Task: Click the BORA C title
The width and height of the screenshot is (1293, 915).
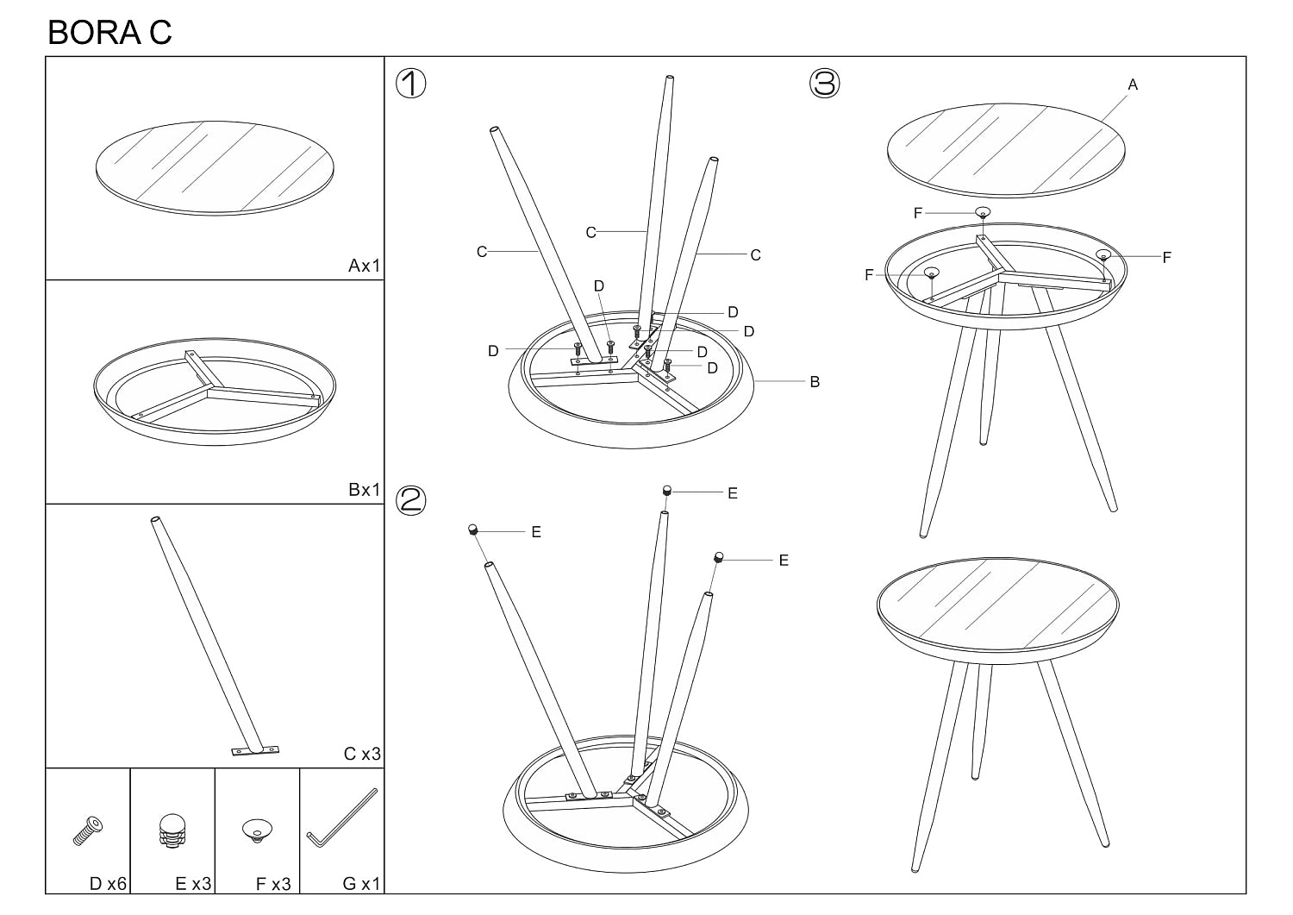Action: (109, 33)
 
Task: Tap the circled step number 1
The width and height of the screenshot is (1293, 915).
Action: (411, 83)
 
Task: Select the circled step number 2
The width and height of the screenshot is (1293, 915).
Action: (411, 500)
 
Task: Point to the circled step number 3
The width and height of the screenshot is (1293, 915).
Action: (824, 83)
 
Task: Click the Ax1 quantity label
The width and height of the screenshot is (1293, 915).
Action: (365, 266)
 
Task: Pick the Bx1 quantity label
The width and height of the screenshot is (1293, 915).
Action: (365, 490)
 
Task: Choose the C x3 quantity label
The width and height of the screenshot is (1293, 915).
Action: (363, 754)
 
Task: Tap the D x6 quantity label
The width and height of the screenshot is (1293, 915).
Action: (108, 884)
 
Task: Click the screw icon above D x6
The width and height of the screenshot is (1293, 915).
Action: (88, 831)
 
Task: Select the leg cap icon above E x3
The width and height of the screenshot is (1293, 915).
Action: (172, 830)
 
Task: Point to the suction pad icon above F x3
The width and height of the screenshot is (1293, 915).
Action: (258, 830)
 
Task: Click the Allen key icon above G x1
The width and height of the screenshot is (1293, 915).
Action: (341, 818)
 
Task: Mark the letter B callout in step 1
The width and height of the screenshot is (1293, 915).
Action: (815, 382)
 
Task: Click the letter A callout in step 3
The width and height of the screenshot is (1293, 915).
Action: (1134, 85)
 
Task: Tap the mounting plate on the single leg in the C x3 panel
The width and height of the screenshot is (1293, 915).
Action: (255, 750)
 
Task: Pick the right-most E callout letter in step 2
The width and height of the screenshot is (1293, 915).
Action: (784, 561)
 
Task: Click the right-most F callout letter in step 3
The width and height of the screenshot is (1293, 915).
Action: (1167, 258)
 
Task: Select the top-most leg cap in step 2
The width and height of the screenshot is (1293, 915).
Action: (666, 492)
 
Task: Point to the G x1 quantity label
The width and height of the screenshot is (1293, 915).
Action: (362, 884)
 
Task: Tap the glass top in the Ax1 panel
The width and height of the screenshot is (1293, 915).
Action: (215, 168)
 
